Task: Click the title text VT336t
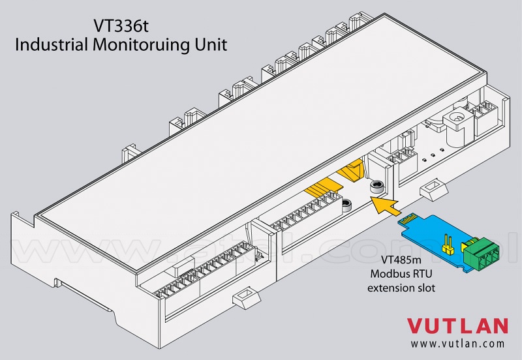[121, 26]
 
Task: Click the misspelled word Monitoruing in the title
[141, 45]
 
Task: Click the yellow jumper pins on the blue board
[446, 244]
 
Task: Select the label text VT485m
[401, 259]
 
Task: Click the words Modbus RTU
[401, 273]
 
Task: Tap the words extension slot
[401, 288]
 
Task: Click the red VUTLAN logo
[457, 325]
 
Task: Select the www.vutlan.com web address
[457, 343]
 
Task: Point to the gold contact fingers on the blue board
[409, 220]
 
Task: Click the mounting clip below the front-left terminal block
[247, 296]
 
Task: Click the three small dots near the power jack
[433, 155]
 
